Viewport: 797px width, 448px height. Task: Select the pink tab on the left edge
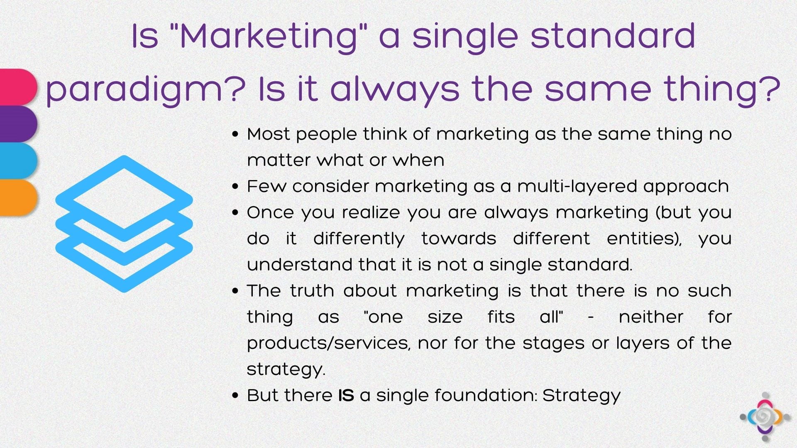(19, 87)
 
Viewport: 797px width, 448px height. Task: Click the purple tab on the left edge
(19, 124)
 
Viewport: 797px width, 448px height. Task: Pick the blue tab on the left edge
(19, 161)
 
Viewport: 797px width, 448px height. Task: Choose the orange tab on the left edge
(19, 197)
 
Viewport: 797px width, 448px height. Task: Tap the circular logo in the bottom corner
(765, 417)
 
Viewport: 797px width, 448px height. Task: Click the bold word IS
(346, 395)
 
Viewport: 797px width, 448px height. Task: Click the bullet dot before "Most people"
(236, 134)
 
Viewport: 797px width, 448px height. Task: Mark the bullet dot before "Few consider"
(236, 187)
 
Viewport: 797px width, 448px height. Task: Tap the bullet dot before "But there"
(236, 396)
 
